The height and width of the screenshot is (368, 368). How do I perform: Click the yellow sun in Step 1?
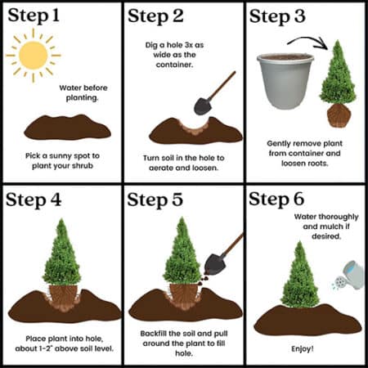pos(34,56)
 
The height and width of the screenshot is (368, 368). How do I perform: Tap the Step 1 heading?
pos(34,16)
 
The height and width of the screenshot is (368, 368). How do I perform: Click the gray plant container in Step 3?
pos(285,82)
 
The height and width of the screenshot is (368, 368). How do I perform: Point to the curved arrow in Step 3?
pos(309,41)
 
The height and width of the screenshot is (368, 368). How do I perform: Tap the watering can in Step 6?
pos(350,276)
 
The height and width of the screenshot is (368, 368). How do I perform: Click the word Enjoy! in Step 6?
pos(303,348)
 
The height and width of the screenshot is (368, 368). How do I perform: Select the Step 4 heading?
pos(34,200)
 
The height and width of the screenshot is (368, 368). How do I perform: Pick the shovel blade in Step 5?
pos(214,265)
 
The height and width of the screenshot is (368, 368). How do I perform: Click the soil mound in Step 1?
pos(67,128)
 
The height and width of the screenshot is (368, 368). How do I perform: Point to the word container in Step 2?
pos(174,65)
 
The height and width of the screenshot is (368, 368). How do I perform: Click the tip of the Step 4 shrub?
pos(62,218)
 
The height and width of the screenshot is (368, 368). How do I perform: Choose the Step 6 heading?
pos(276,199)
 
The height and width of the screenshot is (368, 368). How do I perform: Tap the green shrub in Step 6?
pos(300,276)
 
